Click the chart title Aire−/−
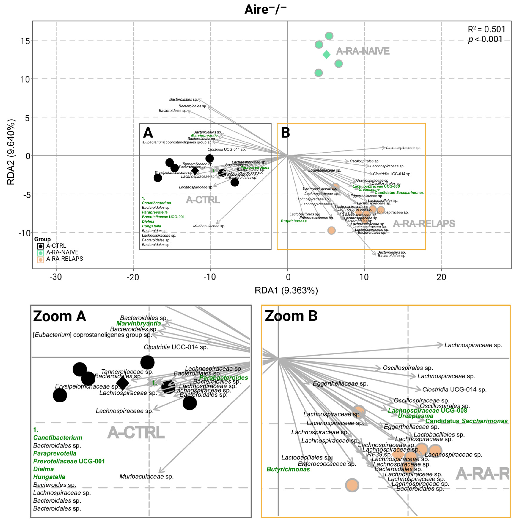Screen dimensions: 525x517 [265, 10]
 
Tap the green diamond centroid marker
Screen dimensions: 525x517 [326, 55]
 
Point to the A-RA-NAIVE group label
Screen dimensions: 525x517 [363, 51]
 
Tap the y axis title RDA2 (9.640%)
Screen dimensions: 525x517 [11, 152]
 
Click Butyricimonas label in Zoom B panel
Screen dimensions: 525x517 [288, 469]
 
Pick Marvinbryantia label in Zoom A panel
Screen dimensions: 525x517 [139, 324]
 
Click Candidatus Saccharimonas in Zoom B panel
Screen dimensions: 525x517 [466, 421]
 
